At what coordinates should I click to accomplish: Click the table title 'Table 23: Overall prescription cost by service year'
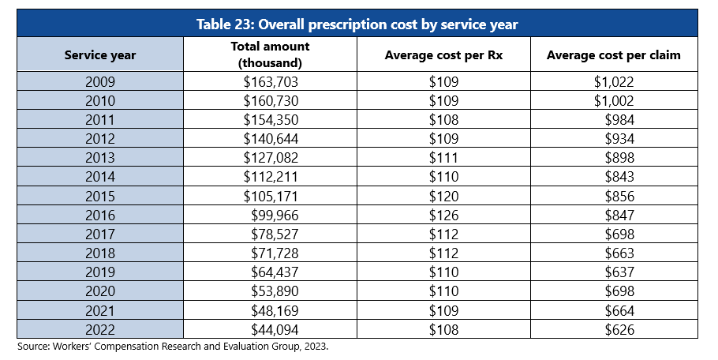point(357,24)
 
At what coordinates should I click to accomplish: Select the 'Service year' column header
point(100,55)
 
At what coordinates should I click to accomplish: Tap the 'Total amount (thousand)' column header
point(271,55)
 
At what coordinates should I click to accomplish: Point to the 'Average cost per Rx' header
point(443,55)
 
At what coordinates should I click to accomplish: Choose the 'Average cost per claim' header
point(614,55)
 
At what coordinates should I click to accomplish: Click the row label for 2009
point(100,81)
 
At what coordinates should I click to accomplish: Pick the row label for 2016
point(100,215)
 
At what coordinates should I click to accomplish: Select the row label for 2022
point(100,329)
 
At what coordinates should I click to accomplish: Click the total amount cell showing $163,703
point(271,81)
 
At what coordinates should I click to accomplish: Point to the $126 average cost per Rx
point(443,215)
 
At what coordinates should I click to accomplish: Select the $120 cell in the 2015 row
point(443,196)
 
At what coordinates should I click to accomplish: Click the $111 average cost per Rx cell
point(443,158)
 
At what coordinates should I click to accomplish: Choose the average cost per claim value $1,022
point(614,81)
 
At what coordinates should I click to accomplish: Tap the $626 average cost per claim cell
point(619,329)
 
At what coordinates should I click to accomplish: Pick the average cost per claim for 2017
point(619,234)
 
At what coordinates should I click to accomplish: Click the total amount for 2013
point(271,158)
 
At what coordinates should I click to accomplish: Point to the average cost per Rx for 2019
point(443,272)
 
